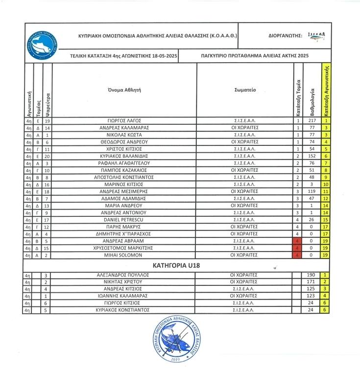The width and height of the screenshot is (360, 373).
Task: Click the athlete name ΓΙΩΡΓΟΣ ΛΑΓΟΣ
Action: tap(124, 120)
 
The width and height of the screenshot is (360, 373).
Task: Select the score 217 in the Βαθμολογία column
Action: tap(312, 120)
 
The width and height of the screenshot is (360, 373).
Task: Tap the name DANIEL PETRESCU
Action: tap(124, 220)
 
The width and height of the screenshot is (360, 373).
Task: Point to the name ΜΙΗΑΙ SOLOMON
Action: tap(124, 255)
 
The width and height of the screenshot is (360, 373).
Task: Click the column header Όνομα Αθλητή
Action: tap(124, 91)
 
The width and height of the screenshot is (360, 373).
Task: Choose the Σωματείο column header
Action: tap(245, 91)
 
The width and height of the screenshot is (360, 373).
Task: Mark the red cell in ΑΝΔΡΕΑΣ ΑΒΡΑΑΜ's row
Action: tap(297, 241)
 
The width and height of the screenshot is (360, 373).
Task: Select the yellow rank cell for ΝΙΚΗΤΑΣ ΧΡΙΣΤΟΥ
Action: tap(325, 282)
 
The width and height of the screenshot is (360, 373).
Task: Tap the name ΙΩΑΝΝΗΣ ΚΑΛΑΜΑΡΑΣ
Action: tap(124, 296)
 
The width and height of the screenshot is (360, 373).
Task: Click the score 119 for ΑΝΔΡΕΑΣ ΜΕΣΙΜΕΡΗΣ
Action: tap(312, 191)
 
